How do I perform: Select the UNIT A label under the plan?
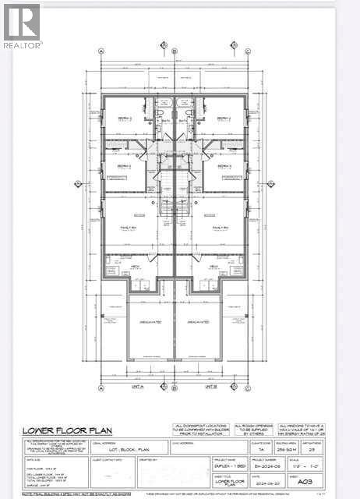click(x=139, y=386)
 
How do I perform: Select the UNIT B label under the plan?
click(x=210, y=386)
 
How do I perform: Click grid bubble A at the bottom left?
click(x=101, y=387)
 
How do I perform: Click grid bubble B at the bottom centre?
click(x=175, y=387)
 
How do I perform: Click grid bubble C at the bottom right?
click(x=249, y=387)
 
